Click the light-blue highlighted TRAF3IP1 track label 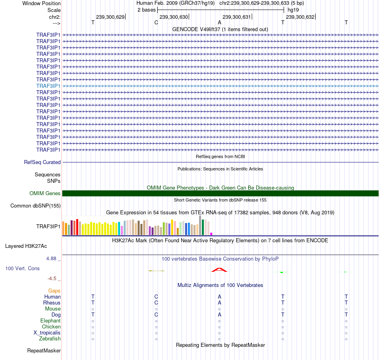click(48, 86)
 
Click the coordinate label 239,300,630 click(174, 17)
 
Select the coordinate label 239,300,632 click(300, 17)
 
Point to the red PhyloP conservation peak click(219, 270)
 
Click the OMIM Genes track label click(45, 194)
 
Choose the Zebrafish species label click(50, 339)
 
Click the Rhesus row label click(52, 303)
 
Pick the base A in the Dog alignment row click(219, 315)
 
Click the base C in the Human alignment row click(156, 297)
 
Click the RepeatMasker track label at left click(44, 351)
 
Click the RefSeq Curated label click(42, 162)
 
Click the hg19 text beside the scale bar click(293, 10)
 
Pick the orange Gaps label click(54, 291)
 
